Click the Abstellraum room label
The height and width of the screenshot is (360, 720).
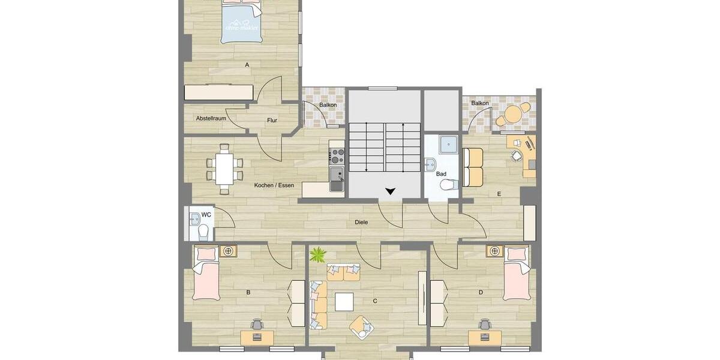click(x=211, y=118)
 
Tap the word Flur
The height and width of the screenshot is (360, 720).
click(x=272, y=120)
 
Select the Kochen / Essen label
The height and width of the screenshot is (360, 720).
click(x=274, y=185)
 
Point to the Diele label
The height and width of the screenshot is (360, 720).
click(x=361, y=222)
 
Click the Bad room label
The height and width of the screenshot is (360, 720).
click(x=441, y=174)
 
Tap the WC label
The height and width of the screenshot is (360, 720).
click(x=206, y=214)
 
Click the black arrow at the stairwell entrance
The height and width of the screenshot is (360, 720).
click(x=391, y=191)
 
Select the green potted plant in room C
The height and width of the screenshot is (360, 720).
click(x=317, y=256)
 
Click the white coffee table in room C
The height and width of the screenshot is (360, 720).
click(x=344, y=301)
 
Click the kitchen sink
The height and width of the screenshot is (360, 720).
click(x=337, y=181)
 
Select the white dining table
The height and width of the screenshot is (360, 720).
click(x=224, y=169)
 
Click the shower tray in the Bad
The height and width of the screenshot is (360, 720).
click(x=447, y=145)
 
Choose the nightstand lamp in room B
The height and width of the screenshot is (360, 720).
click(x=227, y=251)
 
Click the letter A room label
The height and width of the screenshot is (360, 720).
click(x=247, y=64)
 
